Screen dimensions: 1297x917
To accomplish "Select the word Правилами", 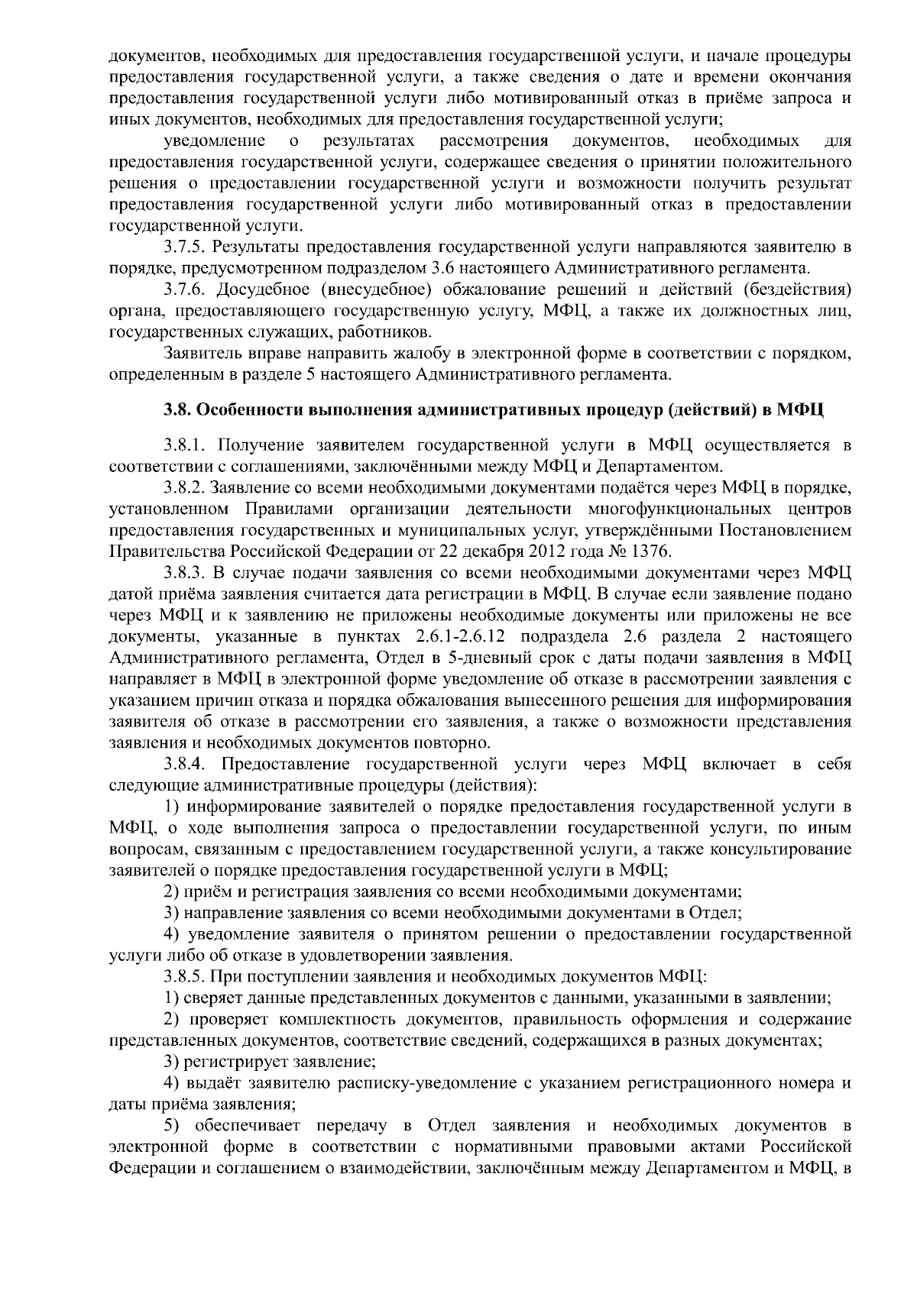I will click(x=288, y=509).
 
